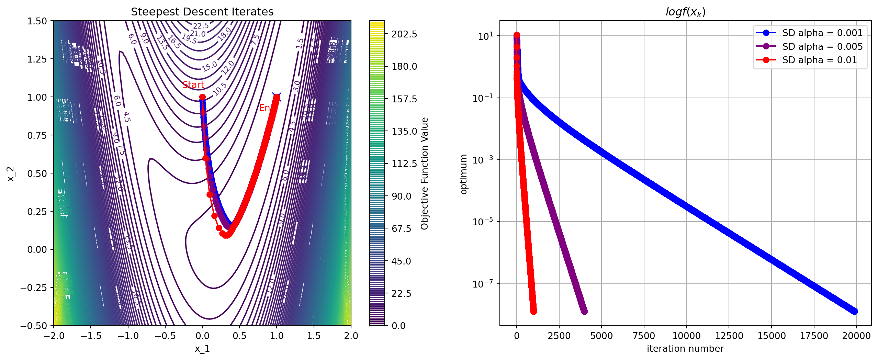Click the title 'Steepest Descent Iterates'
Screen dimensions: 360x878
(x=202, y=12)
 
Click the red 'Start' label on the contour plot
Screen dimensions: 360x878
(x=193, y=85)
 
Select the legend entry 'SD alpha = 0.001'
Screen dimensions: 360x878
(x=822, y=33)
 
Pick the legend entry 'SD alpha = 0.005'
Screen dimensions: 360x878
(x=822, y=46)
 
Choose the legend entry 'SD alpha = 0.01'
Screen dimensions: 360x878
(x=820, y=60)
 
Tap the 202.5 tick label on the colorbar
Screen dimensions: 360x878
(x=404, y=34)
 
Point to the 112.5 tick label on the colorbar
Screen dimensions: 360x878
(x=404, y=164)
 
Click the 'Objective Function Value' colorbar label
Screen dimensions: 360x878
(x=425, y=173)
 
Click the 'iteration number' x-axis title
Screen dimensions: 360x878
(x=685, y=349)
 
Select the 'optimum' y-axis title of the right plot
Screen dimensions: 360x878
(x=464, y=174)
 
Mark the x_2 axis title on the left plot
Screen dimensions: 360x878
(x=11, y=174)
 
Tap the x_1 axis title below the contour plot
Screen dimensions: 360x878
(x=202, y=349)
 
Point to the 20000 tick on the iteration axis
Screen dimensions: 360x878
(x=856, y=336)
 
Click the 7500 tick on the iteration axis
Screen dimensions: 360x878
(x=644, y=336)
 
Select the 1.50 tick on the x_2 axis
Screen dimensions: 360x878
(x=37, y=21)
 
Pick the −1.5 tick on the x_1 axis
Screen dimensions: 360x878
(x=91, y=336)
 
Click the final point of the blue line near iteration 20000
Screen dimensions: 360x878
(x=855, y=311)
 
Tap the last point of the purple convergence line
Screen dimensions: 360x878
(x=584, y=311)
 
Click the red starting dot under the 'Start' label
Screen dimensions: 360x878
(x=202, y=97)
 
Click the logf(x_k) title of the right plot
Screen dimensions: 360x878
(x=685, y=12)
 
